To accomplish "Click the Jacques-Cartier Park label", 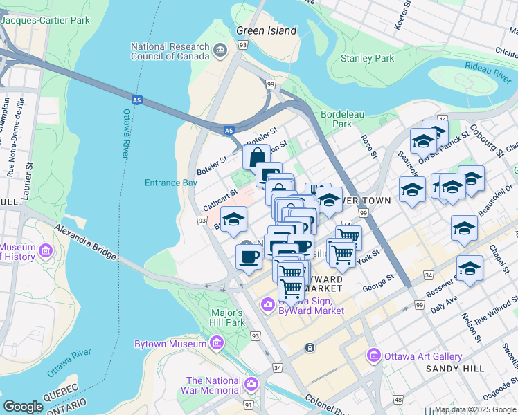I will tap(46, 20).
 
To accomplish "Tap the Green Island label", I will tap(266, 30).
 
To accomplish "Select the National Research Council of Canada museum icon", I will tap(220, 49).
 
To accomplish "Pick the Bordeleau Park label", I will tap(337, 119).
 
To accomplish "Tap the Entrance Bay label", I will tap(170, 183).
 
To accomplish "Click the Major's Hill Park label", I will tap(227, 317).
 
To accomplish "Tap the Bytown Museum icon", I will tap(217, 343).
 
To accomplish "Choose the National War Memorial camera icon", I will tap(250, 383).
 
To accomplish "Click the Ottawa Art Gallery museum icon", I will tap(374, 356).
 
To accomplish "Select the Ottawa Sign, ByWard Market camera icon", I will tap(267, 304).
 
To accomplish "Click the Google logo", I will tap(24, 407).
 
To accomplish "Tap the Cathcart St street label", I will tap(221, 196).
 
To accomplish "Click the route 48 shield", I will tap(398, 400).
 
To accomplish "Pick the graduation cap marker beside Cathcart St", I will tap(235, 220).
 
